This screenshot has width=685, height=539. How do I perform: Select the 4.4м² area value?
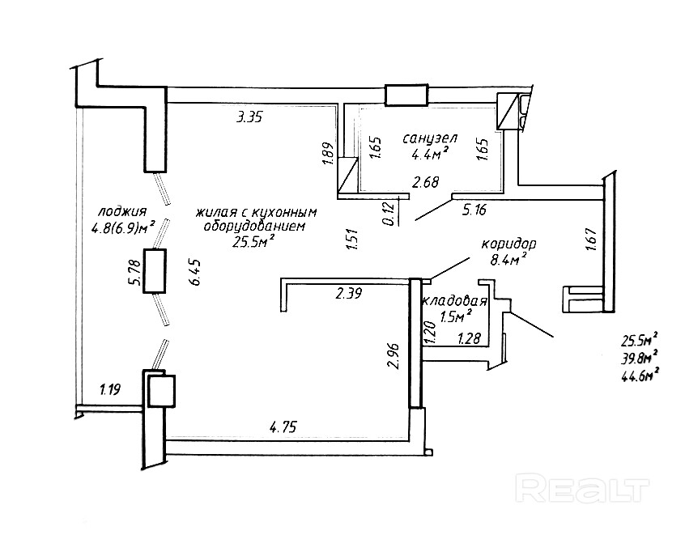click(x=429, y=155)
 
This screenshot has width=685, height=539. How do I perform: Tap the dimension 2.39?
click(x=350, y=295)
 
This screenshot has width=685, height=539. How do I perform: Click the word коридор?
click(x=509, y=244)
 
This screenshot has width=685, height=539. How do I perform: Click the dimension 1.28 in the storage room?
click(x=471, y=339)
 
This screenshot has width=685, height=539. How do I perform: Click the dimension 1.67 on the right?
click(x=591, y=240)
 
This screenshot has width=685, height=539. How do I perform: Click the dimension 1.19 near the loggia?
click(x=110, y=390)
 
